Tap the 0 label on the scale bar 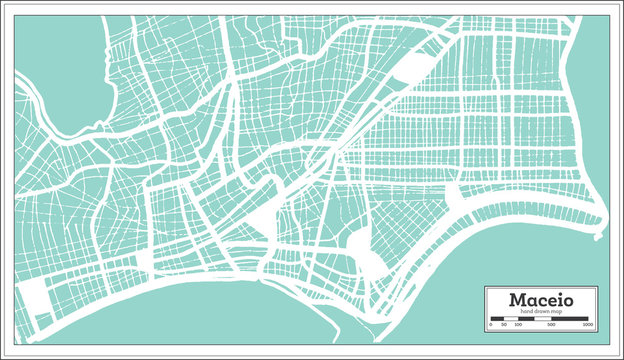tap(491, 326)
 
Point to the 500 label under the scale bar tap(551, 326)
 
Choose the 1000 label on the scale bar tap(589, 326)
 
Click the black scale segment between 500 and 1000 tap(570, 320)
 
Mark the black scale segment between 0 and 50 tap(496, 320)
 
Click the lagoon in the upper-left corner tap(60, 70)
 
